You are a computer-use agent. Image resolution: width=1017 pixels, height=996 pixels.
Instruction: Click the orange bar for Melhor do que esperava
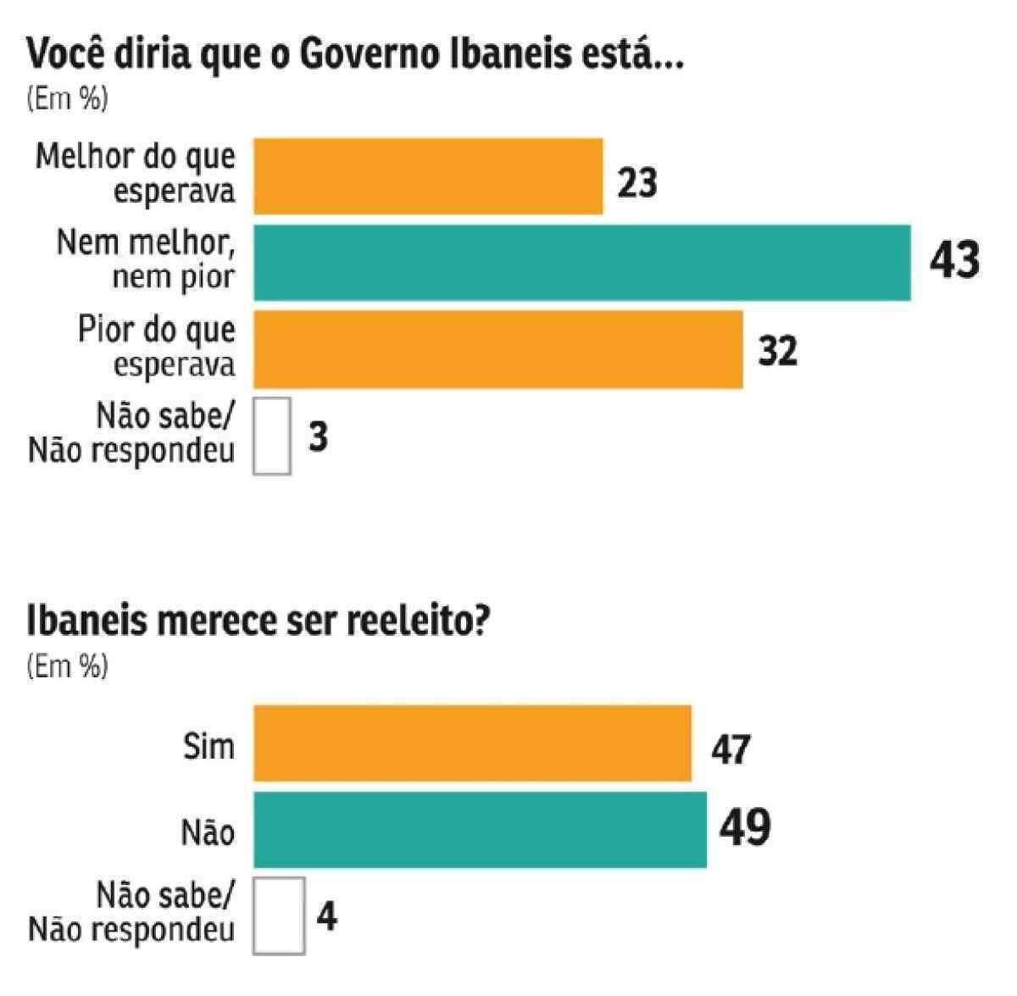coord(428,176)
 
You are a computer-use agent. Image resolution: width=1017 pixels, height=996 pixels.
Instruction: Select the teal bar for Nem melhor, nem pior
coord(582,263)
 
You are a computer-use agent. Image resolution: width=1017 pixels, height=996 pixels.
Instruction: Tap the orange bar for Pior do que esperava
coord(498,350)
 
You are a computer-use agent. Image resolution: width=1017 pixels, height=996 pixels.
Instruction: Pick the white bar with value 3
coord(272,436)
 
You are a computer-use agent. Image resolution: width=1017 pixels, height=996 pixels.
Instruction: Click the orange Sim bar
coord(472,743)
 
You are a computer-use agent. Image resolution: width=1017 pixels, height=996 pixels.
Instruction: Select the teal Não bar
coord(480,830)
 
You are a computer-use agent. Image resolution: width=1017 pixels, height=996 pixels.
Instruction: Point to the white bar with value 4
coord(279,915)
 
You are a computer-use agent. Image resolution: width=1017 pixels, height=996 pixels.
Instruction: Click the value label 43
coord(954,259)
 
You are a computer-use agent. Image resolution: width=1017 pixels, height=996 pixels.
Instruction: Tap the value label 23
coord(637,181)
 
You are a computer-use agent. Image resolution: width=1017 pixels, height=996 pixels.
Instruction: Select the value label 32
coord(778,351)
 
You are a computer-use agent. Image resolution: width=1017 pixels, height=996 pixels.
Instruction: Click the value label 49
coord(745,826)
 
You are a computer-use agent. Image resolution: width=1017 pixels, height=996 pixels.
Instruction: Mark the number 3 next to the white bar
coord(318,438)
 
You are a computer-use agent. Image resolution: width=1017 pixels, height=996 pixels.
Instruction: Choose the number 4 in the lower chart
coord(325,917)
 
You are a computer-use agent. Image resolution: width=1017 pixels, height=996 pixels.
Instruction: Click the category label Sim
coord(208,746)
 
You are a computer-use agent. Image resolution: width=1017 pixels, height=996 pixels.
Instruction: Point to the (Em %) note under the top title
coord(68,100)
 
